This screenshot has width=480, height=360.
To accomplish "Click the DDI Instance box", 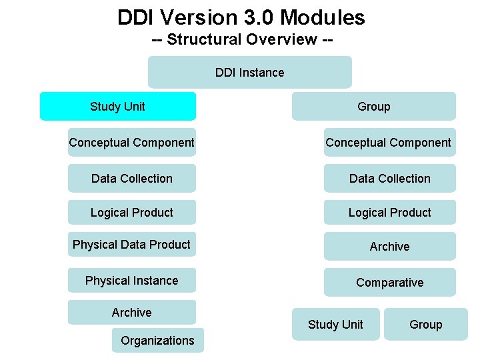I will tap(249, 72).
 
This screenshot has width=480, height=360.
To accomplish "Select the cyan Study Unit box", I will tap(118, 106).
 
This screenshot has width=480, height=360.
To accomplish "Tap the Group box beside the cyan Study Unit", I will tap(373, 106).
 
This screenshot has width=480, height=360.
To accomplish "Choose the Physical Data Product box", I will tap(132, 245).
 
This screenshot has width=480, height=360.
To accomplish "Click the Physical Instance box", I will tap(132, 281).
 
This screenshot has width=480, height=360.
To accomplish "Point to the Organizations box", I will tap(157, 340).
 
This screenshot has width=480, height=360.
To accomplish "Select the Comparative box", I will tap(389, 282).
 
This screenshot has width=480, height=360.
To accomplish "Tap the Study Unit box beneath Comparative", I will tap(335, 324).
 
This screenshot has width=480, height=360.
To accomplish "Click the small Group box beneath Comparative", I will tap(425, 324).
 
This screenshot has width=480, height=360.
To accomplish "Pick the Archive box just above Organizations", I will tap(132, 312).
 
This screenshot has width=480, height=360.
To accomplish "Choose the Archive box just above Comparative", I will tap(389, 246).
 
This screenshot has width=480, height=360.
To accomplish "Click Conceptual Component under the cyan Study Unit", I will tap(132, 142).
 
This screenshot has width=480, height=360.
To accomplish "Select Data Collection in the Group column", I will tap(389, 178).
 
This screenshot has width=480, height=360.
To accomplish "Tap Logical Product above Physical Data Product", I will tap(132, 213).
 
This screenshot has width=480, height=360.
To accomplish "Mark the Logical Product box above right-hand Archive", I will tap(389, 213).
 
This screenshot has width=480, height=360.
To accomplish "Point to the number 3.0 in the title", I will tap(256, 17).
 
